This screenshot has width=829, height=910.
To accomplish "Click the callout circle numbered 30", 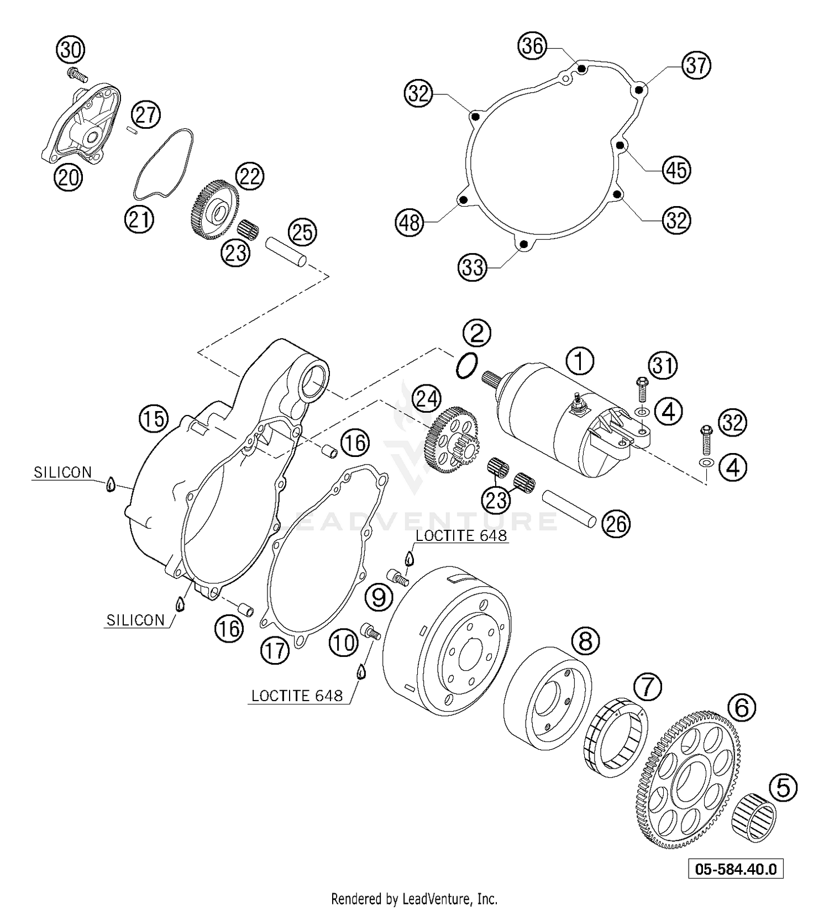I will coord(70,50).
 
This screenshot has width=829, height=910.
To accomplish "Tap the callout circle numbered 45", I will coord(676,170).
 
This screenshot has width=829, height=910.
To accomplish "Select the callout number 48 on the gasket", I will coord(410,223).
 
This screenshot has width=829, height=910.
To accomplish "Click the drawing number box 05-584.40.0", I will coord(736,869).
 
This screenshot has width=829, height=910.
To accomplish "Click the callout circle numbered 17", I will coord(275,650).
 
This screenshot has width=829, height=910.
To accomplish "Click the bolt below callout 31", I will coord(642,390).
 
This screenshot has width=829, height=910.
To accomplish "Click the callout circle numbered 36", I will coord(533,46).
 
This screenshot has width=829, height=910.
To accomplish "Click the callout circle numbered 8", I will coord(585,641).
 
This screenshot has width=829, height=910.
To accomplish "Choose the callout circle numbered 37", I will coord(696,65).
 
